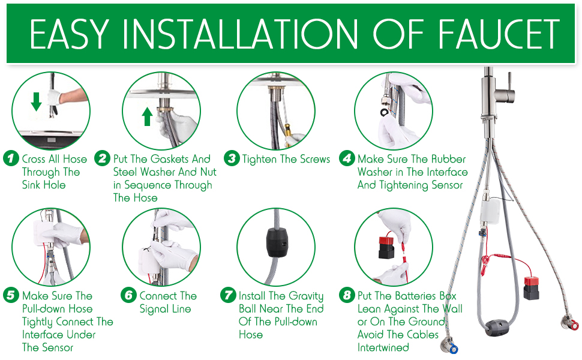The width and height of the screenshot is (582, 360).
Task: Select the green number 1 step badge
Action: click(x=11, y=159)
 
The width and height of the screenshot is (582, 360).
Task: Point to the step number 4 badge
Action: click(x=346, y=159)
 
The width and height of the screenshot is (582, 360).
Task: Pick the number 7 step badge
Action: click(x=227, y=296)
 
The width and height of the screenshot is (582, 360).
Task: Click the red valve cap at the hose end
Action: click(x=574, y=326)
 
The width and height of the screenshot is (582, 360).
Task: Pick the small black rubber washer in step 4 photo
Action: click(x=383, y=112)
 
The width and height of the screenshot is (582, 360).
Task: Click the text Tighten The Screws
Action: click(x=286, y=159)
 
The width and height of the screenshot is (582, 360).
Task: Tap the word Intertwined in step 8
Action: click(x=383, y=347)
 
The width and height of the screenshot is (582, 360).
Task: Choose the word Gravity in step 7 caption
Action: click(x=306, y=296)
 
